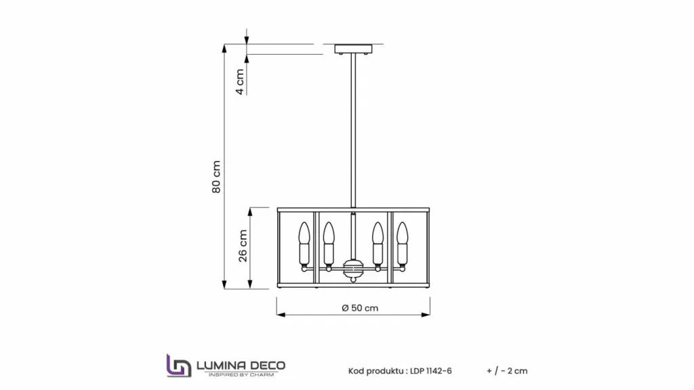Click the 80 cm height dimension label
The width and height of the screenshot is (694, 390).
click(x=216, y=177)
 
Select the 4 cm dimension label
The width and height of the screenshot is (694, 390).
click(x=239, y=82)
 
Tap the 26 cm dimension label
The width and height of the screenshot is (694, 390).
click(x=243, y=246)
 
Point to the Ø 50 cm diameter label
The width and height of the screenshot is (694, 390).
click(x=360, y=308)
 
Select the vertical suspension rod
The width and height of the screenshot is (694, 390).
click(x=353, y=131)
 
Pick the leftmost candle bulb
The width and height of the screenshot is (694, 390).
click(x=304, y=246)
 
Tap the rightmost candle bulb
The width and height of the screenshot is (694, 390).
click(x=402, y=246)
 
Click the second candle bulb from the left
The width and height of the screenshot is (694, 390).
click(x=329, y=246)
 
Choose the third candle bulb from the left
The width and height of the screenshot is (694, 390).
click(x=377, y=246)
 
